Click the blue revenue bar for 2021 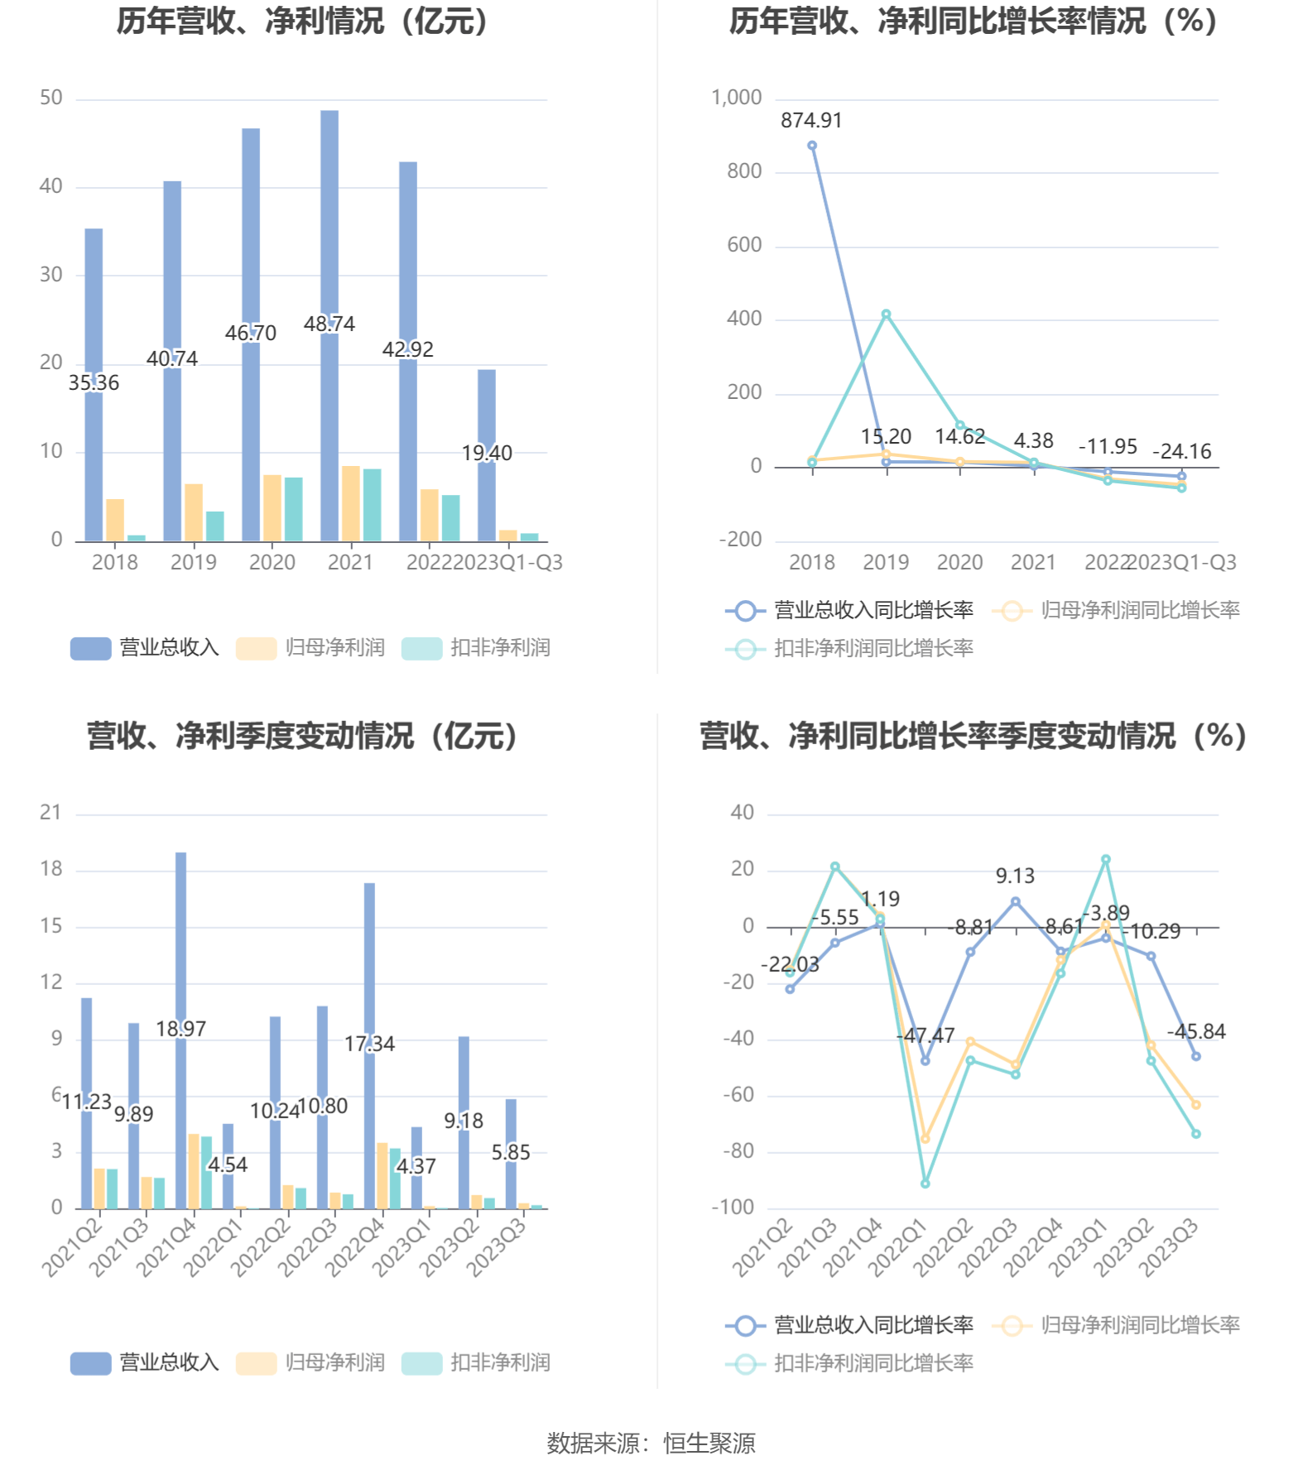point(329,248)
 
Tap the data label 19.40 point(487,453)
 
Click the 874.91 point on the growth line point(812,146)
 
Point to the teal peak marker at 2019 point(886,315)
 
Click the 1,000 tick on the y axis point(736,98)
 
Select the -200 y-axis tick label point(740,540)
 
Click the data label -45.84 point(1195,1032)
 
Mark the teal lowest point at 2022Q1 point(925,1184)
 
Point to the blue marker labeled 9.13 point(1016,901)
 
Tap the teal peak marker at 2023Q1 point(1106,859)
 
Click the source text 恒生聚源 point(709,1444)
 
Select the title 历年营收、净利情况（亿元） point(303,22)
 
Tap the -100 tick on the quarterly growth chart point(733,1208)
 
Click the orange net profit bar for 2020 point(272,508)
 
